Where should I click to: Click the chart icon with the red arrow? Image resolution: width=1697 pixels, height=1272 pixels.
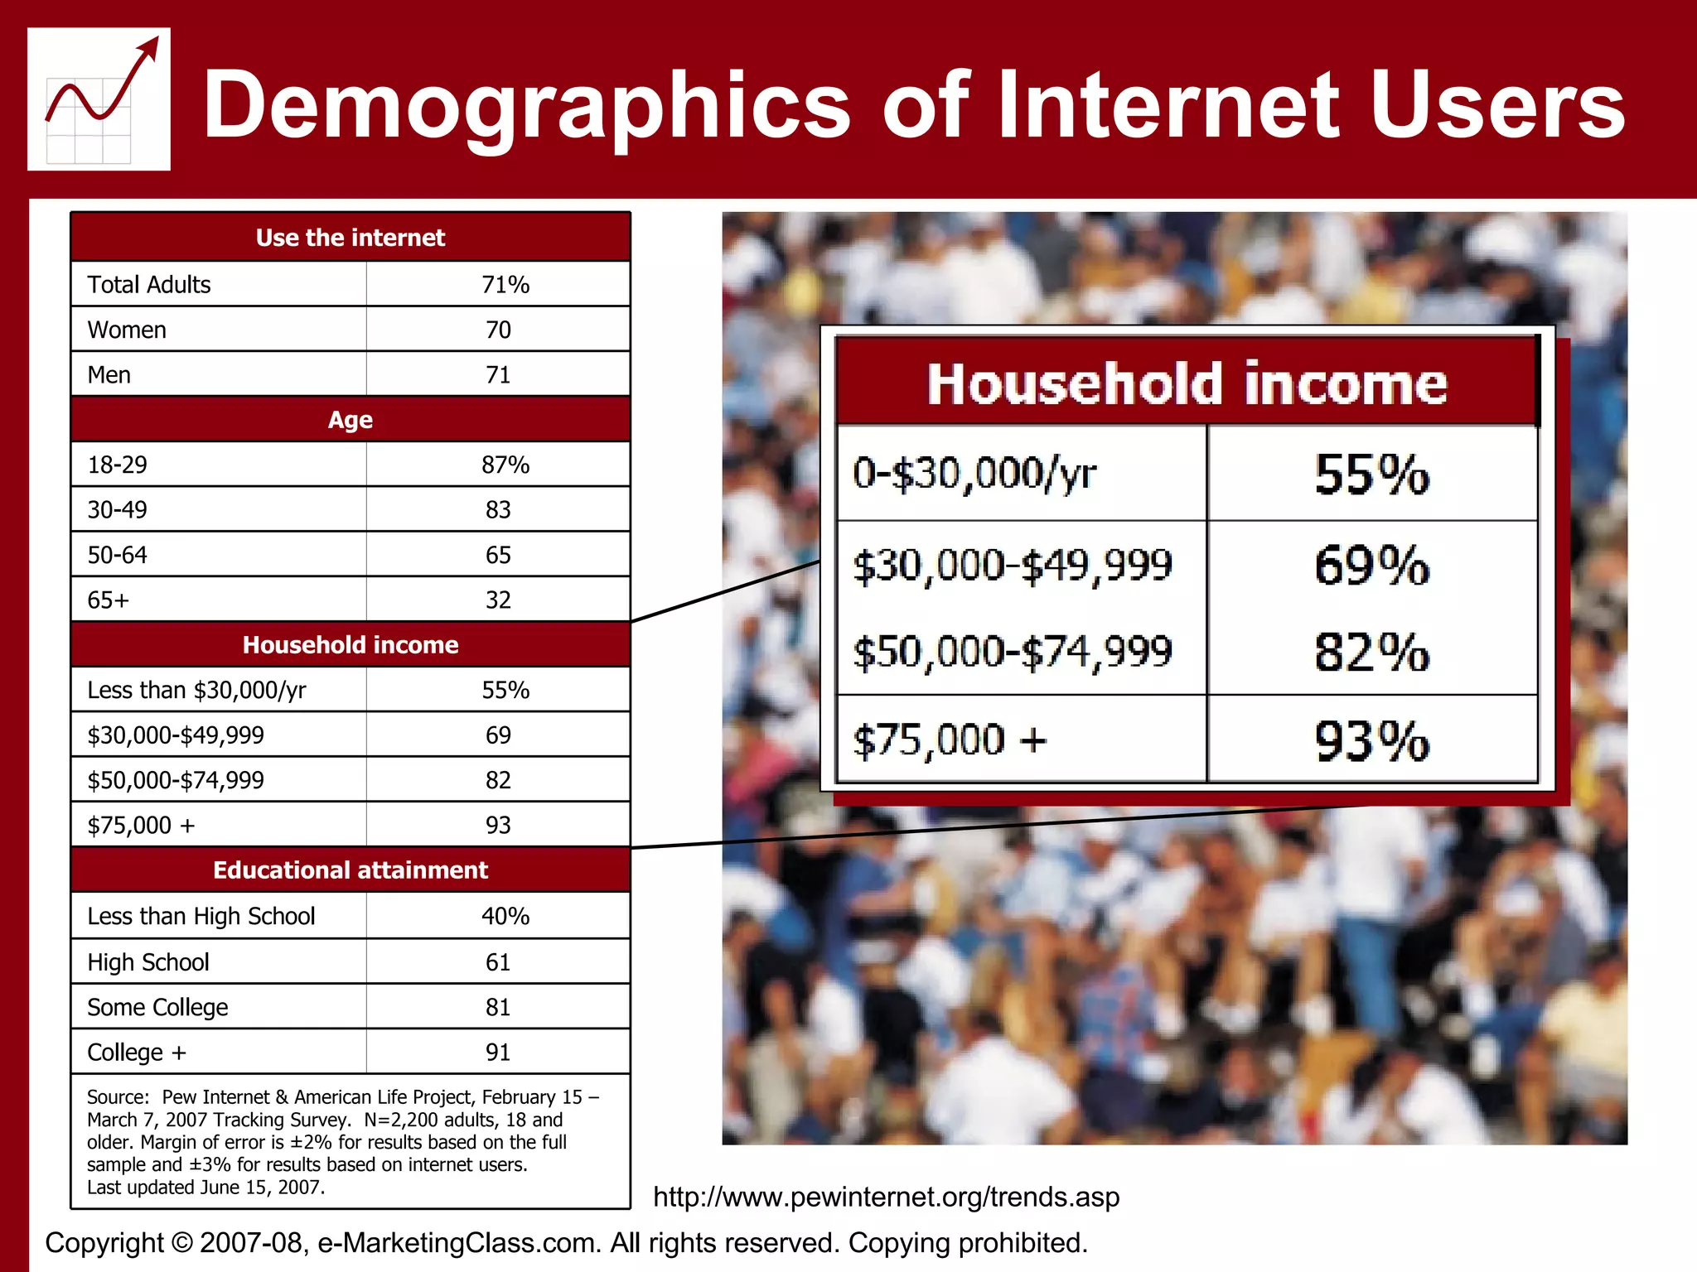(x=99, y=99)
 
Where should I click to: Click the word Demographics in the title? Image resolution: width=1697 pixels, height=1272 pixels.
(x=527, y=105)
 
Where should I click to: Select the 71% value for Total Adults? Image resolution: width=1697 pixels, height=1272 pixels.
(x=505, y=285)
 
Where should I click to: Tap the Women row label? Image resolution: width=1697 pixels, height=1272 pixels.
(x=127, y=330)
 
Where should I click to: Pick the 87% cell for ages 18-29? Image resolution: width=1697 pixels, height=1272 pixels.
(x=505, y=465)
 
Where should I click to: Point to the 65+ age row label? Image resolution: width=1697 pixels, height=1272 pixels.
(x=109, y=600)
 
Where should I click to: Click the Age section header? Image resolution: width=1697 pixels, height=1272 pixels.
(x=350, y=420)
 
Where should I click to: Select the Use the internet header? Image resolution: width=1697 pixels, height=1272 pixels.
(x=350, y=238)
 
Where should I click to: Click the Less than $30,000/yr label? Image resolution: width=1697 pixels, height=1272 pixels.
(x=196, y=690)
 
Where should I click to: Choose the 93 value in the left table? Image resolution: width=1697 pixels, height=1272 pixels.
(x=498, y=825)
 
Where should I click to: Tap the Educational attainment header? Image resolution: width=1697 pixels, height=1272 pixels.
(x=350, y=870)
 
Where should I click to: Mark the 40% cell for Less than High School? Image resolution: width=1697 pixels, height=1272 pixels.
(x=505, y=916)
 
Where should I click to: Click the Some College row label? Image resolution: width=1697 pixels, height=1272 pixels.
(x=157, y=1007)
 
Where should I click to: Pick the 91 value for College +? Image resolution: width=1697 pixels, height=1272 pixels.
(x=498, y=1052)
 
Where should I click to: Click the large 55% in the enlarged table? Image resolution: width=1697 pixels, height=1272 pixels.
(x=1371, y=475)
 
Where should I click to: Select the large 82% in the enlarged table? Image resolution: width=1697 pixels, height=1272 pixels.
(x=1371, y=652)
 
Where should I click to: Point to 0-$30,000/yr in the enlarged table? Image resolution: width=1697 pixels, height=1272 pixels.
(x=974, y=474)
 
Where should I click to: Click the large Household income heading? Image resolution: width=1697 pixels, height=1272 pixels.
(x=1187, y=384)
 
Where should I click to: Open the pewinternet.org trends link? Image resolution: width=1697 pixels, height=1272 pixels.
(x=886, y=1197)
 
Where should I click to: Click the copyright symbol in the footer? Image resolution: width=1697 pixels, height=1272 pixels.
(x=181, y=1243)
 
